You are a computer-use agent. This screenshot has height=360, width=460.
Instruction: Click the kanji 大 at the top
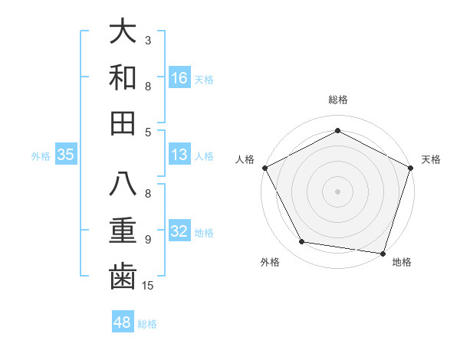(x=123, y=33)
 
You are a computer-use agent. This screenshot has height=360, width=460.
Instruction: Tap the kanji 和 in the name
(x=123, y=78)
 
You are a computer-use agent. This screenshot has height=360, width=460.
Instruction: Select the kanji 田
(x=123, y=123)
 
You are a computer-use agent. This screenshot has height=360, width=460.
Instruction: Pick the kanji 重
(x=123, y=231)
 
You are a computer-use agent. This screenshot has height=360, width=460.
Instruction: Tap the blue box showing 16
(x=179, y=78)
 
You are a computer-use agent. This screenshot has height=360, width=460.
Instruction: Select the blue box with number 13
(x=179, y=155)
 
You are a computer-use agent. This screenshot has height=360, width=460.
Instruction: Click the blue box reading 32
(x=179, y=232)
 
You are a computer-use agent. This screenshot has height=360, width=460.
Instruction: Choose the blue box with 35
(x=66, y=155)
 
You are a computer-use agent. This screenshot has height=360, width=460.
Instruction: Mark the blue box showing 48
(x=123, y=322)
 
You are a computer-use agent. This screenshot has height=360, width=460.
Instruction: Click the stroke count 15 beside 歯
(x=149, y=286)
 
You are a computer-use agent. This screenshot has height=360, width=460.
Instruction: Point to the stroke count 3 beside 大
(x=148, y=39)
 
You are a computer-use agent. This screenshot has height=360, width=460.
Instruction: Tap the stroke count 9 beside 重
(x=148, y=239)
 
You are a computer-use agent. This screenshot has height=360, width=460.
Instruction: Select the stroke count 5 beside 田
(x=148, y=132)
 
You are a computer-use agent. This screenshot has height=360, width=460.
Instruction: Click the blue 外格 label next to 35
(x=41, y=156)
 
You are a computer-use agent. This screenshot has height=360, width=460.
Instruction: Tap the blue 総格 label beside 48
(x=147, y=324)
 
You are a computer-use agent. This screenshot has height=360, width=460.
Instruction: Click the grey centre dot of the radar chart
(x=337, y=191)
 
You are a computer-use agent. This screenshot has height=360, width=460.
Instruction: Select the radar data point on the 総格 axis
(x=337, y=130)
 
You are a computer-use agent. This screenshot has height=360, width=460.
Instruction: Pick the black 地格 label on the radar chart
(x=402, y=262)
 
